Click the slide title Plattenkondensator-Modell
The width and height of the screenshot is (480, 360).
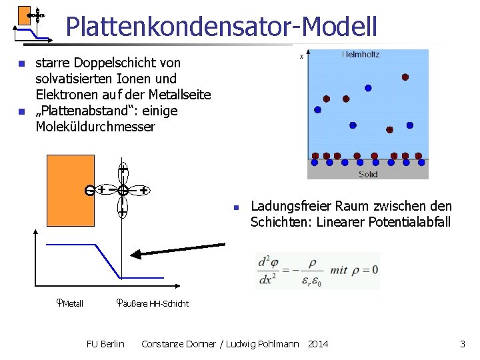click(221, 27)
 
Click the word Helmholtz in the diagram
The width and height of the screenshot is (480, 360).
click(360, 55)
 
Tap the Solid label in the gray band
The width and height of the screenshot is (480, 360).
click(367, 174)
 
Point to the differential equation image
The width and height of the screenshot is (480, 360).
click(317, 270)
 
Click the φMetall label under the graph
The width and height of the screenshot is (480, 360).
click(69, 303)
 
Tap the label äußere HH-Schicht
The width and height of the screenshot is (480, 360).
click(153, 303)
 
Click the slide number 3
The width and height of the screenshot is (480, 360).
click(462, 344)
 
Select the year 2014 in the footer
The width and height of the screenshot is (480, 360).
click(318, 344)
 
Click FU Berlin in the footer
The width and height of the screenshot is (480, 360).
click(105, 344)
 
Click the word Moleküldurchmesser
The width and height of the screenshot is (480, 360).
click(95, 126)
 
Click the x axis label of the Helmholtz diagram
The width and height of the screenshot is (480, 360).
click(301, 57)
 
